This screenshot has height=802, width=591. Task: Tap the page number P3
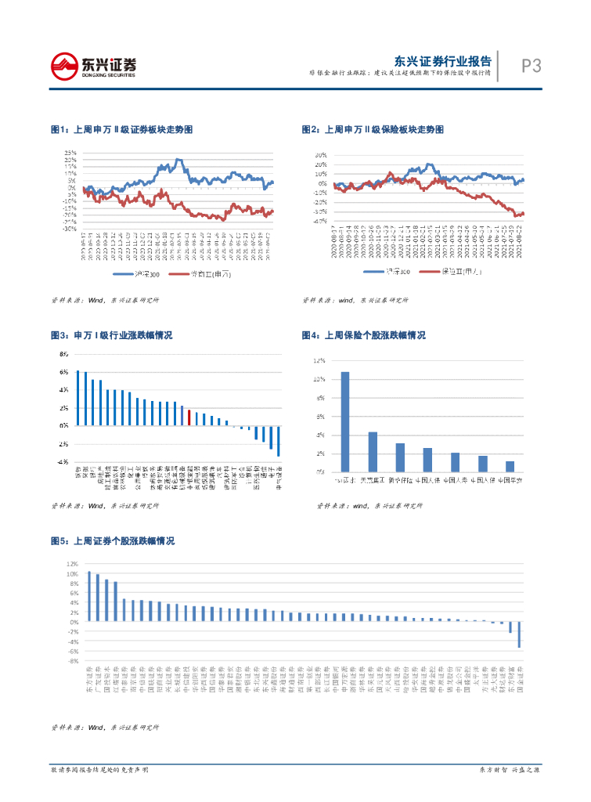coord(531,67)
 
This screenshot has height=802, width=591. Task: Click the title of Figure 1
coord(121,128)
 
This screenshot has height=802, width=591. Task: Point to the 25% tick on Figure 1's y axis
coord(70,153)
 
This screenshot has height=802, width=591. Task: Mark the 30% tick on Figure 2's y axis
coord(320,155)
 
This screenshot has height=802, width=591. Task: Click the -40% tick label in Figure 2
coord(319,221)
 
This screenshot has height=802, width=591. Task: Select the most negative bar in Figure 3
coord(279,441)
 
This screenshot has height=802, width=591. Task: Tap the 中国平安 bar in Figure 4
coord(510,467)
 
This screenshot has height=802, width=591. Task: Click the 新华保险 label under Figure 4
coord(400,479)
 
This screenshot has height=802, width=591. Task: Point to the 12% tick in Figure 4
coord(319,360)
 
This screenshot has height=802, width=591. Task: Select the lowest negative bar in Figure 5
coord(519,635)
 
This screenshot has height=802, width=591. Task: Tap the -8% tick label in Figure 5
coord(73,660)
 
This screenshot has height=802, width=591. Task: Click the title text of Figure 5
coord(112,541)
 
